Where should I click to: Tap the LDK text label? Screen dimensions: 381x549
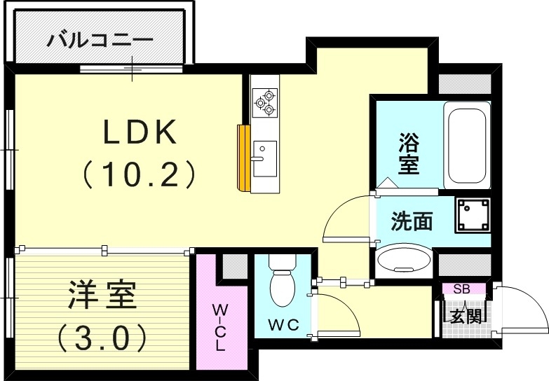click(140, 132)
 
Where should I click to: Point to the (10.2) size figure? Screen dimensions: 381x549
click(140, 174)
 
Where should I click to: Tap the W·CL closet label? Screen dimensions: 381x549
click(219, 326)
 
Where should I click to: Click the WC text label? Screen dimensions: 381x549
click(283, 325)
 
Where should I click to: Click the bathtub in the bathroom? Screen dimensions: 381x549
click(466, 143)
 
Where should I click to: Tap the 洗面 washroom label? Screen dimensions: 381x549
click(411, 221)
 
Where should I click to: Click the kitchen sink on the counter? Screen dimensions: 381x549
click(264, 158)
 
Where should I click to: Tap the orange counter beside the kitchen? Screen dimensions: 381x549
click(244, 158)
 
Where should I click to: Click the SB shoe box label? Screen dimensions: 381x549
click(461, 289)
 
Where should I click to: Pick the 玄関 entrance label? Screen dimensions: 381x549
click(465, 315)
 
